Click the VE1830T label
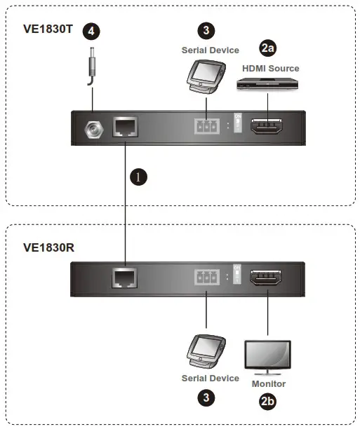48,30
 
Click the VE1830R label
49,247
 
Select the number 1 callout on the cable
138,177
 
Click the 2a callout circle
267,48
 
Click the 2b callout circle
267,402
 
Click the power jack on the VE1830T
92,129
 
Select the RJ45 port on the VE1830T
126,128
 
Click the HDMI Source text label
270,68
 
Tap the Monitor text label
268,384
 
